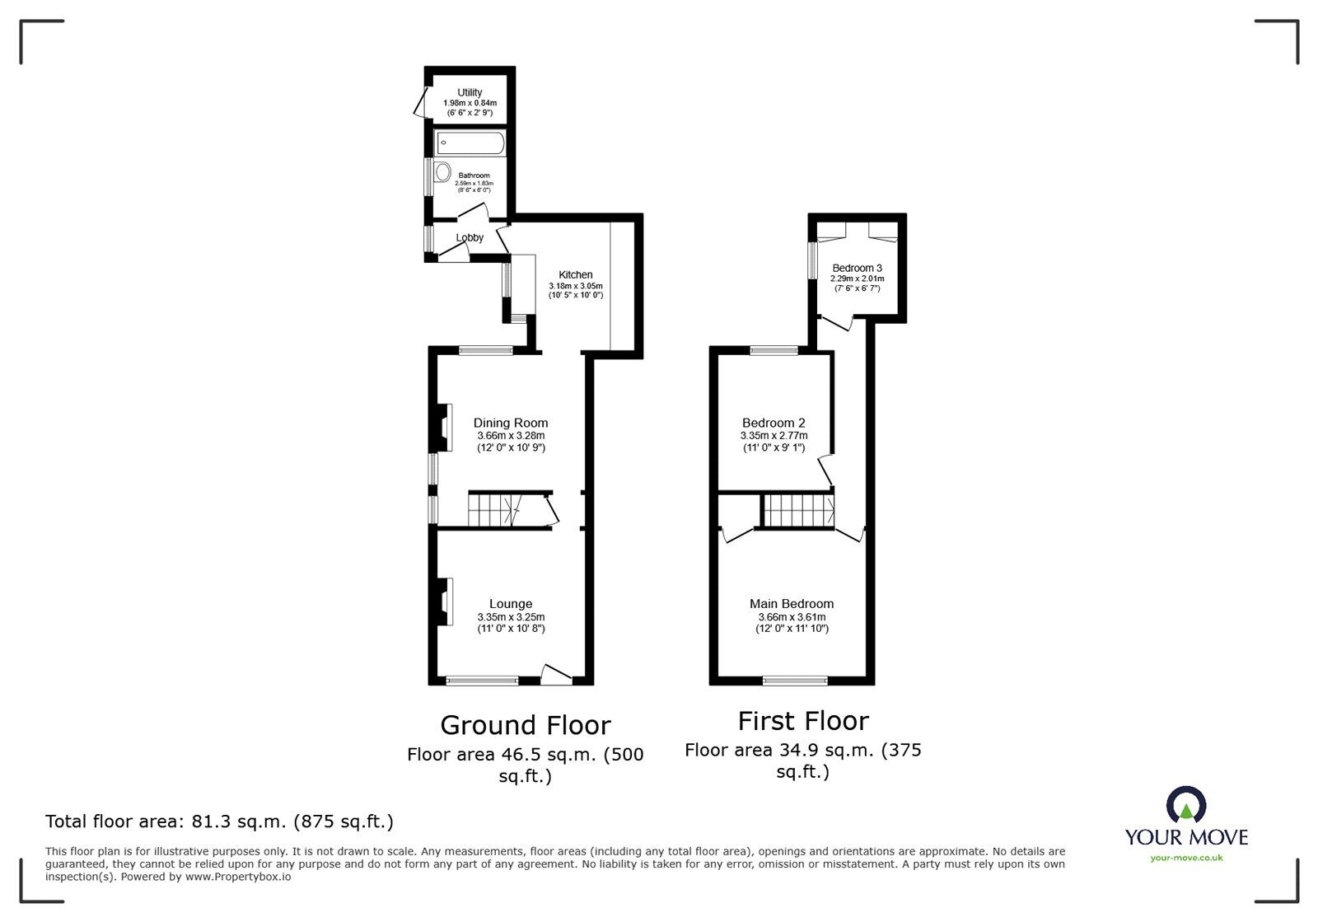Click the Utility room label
470,92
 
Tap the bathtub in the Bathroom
470,143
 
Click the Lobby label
470,237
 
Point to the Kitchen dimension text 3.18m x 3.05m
576,285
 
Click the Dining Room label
511,423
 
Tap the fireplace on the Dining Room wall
443,427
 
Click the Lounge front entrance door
556,673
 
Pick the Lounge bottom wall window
482,681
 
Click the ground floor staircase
494,509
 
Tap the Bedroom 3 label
857,268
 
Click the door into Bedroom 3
835,323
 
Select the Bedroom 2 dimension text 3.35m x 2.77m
774,436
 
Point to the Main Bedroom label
792,604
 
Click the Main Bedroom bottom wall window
795,681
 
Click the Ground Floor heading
526,725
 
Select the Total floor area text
219,821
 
